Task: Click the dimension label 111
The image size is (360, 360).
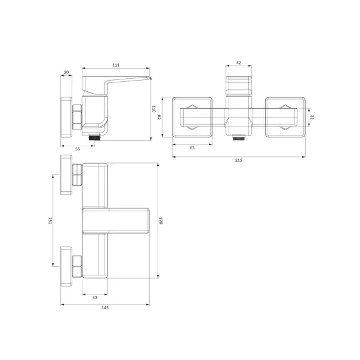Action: coord(116,65)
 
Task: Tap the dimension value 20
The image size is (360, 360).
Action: coord(66,73)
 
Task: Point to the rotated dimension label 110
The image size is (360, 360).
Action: coord(153,109)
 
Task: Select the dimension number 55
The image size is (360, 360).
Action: coord(78,149)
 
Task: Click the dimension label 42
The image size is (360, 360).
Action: coord(239,63)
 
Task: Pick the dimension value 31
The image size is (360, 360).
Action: coord(312,117)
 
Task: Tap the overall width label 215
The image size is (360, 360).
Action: coord(239,160)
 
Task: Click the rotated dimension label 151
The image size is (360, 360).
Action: coord(50,221)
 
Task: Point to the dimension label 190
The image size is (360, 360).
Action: coord(161,221)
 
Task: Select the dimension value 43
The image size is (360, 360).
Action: coord(95,297)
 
